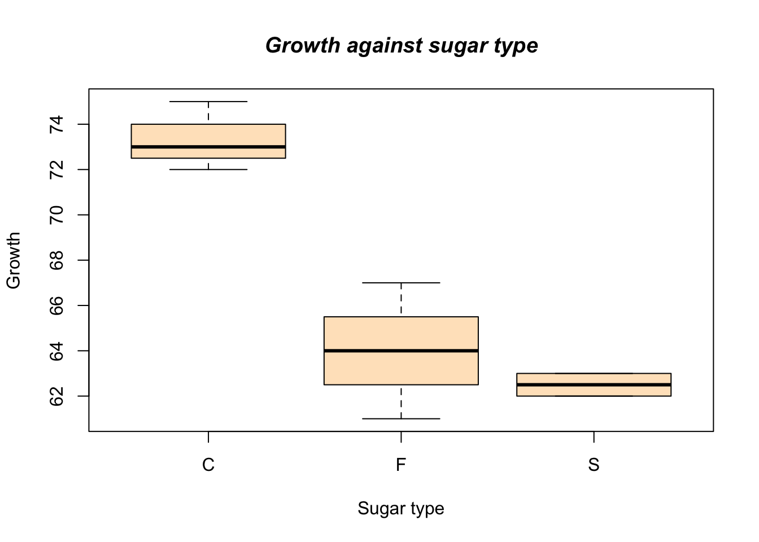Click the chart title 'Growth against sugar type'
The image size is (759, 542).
pos(402,46)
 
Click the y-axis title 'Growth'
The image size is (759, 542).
pos(14,260)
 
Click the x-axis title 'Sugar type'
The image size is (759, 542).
pos(401,509)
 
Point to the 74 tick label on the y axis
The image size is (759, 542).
pos(56,124)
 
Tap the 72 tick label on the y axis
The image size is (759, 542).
pos(56,169)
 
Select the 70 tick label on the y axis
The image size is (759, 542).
pos(56,215)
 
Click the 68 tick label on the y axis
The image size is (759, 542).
pos(56,260)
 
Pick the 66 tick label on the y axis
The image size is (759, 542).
pos(56,305)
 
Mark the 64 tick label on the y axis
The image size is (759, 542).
pos(56,351)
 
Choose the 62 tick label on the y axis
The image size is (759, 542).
pos(56,396)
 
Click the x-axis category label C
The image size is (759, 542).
pos(208,465)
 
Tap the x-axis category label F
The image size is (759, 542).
pos(401,465)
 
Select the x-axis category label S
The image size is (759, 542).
pos(594,465)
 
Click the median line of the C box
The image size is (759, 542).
pos(208,147)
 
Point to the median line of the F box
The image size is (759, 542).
pos(401,351)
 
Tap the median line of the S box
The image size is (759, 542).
pos(594,384)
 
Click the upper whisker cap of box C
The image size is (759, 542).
pos(208,102)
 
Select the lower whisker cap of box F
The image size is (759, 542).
pos(401,419)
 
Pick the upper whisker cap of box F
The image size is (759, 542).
pos(401,283)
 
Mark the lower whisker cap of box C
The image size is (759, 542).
pos(208,169)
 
